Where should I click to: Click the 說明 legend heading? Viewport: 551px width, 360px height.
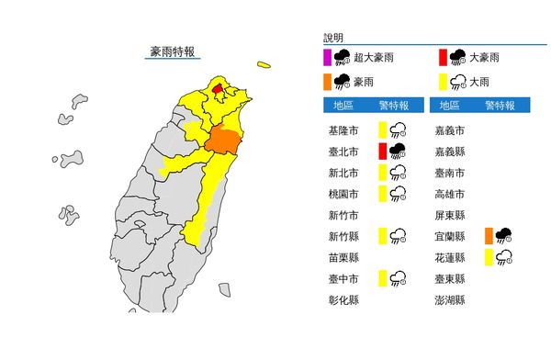click(333, 38)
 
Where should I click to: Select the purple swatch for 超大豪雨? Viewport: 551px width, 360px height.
click(327, 58)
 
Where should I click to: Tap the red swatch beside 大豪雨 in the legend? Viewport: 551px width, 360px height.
click(442, 58)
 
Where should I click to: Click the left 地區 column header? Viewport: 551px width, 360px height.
click(344, 105)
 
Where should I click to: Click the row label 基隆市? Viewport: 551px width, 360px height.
click(342, 130)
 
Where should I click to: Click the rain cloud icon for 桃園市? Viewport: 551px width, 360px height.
click(399, 194)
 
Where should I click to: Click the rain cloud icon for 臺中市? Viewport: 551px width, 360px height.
click(399, 279)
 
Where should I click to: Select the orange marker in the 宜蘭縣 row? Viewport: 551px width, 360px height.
click(489, 236)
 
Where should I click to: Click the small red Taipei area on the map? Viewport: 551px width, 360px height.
click(218, 90)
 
